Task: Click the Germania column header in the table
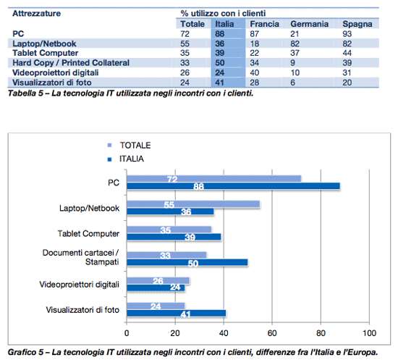tap(310, 24)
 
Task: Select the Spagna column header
tap(357, 24)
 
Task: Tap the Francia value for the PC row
tap(254, 34)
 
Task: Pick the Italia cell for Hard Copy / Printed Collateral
tap(220, 63)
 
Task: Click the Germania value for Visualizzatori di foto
tap(293, 83)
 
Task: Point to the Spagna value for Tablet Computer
tap(347, 53)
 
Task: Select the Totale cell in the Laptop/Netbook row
tap(185, 43)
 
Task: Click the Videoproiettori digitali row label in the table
tap(56, 72)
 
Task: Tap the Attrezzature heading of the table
tap(37, 13)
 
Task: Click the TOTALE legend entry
tap(130, 146)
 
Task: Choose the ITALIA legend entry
tap(126, 159)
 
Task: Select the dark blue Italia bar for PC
tap(233, 186)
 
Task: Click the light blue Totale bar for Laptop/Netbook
tap(193, 204)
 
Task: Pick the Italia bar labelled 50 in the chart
tap(187, 262)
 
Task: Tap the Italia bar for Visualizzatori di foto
tap(177, 313)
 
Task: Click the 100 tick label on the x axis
tap(369, 332)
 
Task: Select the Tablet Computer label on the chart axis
tap(88, 233)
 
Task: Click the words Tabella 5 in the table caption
tap(25, 93)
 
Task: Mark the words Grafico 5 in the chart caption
tap(25, 352)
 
